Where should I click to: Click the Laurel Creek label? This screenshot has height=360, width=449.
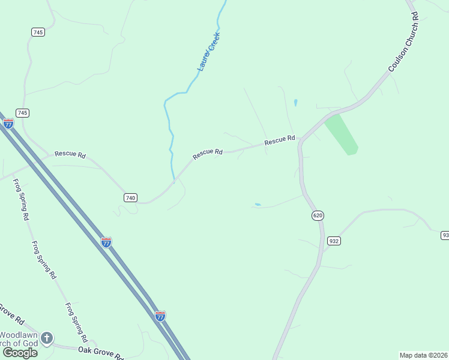pos(209,52)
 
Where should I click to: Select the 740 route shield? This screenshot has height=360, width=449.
pos(131,197)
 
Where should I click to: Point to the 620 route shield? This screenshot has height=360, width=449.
pos(318,215)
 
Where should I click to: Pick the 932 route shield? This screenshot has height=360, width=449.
pos(334,241)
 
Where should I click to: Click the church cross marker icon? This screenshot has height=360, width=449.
pos(47,338)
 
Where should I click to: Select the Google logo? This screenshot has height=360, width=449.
pos(20,353)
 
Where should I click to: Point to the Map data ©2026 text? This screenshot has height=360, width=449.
pos(423,355)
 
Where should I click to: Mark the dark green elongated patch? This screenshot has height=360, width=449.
pos(341,133)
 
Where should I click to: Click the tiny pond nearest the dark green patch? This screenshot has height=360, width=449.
pos(295,103)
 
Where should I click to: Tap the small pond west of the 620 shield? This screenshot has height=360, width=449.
pos(258,205)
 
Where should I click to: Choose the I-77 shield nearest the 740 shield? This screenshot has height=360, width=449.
pos(106,242)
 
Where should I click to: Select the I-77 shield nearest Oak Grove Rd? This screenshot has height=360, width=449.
pos(160,316)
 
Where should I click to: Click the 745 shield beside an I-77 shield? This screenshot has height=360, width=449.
pos(23,113)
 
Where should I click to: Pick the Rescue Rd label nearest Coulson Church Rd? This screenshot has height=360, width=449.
pos(280,140)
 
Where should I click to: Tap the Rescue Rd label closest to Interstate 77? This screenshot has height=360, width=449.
pos(70,154)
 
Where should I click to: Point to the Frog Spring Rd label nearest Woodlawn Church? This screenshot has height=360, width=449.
pos(76,322)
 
